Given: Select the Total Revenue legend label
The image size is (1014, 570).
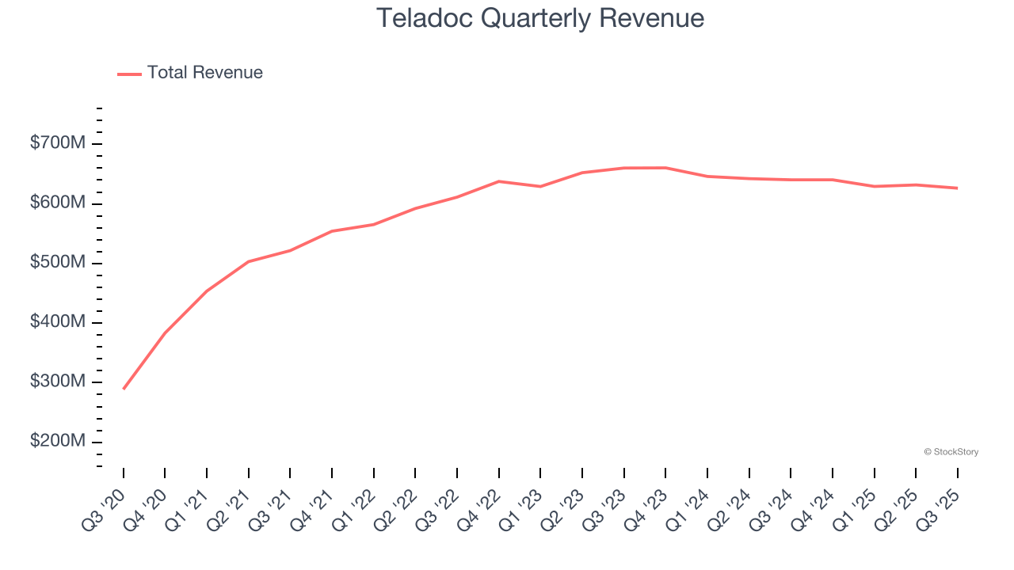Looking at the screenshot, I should pos(204,73).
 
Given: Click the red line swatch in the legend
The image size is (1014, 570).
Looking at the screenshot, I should pos(129,74).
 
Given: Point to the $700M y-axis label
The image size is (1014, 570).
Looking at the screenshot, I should pos(58,143).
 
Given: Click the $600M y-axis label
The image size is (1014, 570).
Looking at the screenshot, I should pos(58,203).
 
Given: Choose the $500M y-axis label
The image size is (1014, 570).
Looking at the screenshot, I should pos(58,262).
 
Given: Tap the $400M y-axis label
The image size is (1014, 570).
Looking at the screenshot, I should pos(58,322).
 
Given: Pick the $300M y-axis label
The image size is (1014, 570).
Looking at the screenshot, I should pos(58,382).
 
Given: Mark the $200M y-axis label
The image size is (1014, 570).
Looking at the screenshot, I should pos(58,441).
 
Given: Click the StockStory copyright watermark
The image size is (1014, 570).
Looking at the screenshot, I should pos(951,452).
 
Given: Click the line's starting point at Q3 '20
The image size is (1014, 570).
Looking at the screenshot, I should pos(124,389).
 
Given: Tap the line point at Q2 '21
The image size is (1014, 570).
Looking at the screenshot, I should pos(249,261).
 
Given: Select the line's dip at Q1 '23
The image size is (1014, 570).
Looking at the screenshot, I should pos(540,187).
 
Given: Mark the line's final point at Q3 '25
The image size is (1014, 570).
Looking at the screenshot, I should pos(957,188).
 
